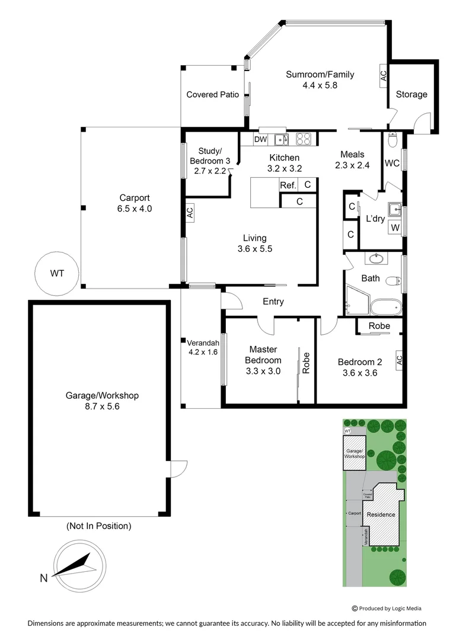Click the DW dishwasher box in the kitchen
coord(260,139)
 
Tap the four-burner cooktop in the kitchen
coord(304,139)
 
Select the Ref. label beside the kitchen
coord(288,185)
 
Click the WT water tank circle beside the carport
coord(57,273)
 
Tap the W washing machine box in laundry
coord(395,228)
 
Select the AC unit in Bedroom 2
coord(399,359)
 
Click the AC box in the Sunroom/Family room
coord(383,75)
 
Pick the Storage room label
coord(411,94)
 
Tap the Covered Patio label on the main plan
coord(212,94)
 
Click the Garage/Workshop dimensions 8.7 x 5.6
coord(99,407)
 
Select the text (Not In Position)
coord(99,526)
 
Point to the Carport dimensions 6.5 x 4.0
coord(135,209)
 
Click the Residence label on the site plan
coord(381,514)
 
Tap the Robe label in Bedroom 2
coord(379,326)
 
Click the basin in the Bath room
coord(375,258)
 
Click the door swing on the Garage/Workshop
coord(178,469)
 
